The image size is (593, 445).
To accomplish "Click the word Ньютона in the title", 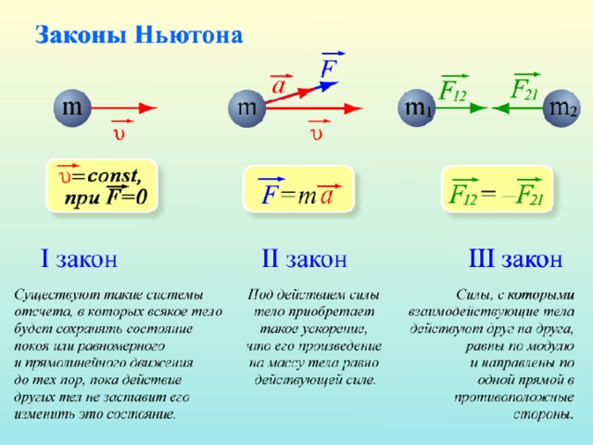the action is pyautogui.click(x=189, y=35).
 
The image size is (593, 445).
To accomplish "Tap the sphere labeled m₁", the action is pyautogui.click(x=417, y=108).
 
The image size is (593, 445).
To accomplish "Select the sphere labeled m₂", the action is pyautogui.click(x=562, y=108).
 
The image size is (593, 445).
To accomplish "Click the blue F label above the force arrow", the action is pyautogui.click(x=329, y=68).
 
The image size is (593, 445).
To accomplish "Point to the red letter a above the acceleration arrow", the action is pyautogui.click(x=279, y=86).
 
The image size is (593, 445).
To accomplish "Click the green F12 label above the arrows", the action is pyautogui.click(x=452, y=91).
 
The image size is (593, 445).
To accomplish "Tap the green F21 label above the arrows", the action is pyautogui.click(x=524, y=89).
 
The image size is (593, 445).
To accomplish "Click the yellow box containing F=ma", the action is pyautogui.click(x=298, y=188).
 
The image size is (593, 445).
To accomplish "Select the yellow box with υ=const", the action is pyautogui.click(x=101, y=185).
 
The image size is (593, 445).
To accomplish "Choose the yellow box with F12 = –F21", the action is pyautogui.click(x=497, y=188).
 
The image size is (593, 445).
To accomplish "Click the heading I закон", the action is pyautogui.click(x=79, y=259).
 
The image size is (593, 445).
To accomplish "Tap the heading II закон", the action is pyautogui.click(x=305, y=259).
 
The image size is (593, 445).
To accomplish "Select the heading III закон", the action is pyautogui.click(x=515, y=259).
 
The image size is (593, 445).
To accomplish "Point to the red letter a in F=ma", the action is pyautogui.click(x=326, y=196).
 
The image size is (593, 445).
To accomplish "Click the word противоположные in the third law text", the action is pyautogui.click(x=514, y=398).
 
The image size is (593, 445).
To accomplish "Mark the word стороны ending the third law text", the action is pyautogui.click(x=544, y=414).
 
